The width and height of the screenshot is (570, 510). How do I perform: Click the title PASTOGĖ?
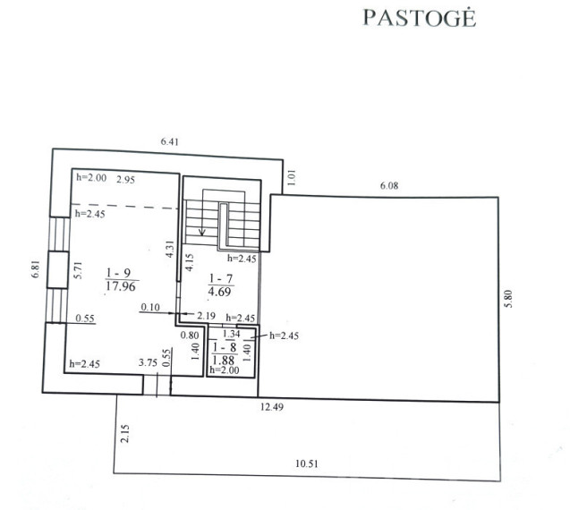[x=420, y=18]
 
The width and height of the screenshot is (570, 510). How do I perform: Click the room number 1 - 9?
[x=119, y=272]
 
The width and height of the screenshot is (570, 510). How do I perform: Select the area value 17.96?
[x=121, y=286]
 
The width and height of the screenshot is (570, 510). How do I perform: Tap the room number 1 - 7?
[x=221, y=279]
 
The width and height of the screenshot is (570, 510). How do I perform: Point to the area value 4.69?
[x=219, y=292]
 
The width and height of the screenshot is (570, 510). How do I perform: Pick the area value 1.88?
[x=223, y=361]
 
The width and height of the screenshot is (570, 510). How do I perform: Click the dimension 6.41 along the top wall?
[x=170, y=141]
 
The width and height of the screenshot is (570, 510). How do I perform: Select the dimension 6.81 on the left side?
[x=35, y=269]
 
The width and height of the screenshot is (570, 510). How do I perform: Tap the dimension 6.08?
[x=389, y=186]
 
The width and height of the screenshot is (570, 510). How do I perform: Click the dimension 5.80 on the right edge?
[x=508, y=299]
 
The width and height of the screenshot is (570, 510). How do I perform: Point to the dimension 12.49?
[x=272, y=407]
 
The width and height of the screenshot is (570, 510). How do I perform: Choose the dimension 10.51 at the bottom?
[x=307, y=463]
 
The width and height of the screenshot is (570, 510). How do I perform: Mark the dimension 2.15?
[x=125, y=434]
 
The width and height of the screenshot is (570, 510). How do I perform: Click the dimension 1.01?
[x=292, y=178]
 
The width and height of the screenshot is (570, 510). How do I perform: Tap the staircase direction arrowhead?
[x=202, y=233]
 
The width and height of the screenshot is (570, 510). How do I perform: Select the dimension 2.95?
[x=126, y=180]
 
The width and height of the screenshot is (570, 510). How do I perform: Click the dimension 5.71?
[x=78, y=270]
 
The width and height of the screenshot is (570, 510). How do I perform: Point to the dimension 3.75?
[x=148, y=362]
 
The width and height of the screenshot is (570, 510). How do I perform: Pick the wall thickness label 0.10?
[x=150, y=308]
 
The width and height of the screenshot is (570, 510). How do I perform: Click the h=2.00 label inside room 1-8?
[x=225, y=370]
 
